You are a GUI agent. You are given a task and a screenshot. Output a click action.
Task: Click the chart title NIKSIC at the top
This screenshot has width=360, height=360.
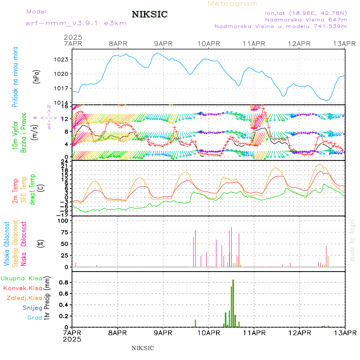[x=150, y=15]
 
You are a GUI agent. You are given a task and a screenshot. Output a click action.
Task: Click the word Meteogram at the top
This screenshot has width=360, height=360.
[x=233, y=4]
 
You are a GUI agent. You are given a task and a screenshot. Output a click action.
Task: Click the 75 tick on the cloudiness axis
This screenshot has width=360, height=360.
[x=64, y=232]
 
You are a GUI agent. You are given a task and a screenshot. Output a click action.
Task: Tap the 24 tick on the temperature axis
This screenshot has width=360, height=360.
[x=65, y=162]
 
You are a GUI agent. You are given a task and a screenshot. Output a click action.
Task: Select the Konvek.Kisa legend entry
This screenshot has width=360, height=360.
[x=22, y=288]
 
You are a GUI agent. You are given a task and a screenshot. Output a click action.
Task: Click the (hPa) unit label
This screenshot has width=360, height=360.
[x=36, y=76]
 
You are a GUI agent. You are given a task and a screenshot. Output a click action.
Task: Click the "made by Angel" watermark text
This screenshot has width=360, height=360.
[x=352, y=240]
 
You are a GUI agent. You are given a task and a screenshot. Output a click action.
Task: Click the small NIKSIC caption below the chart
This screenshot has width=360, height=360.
[x=143, y=348]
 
